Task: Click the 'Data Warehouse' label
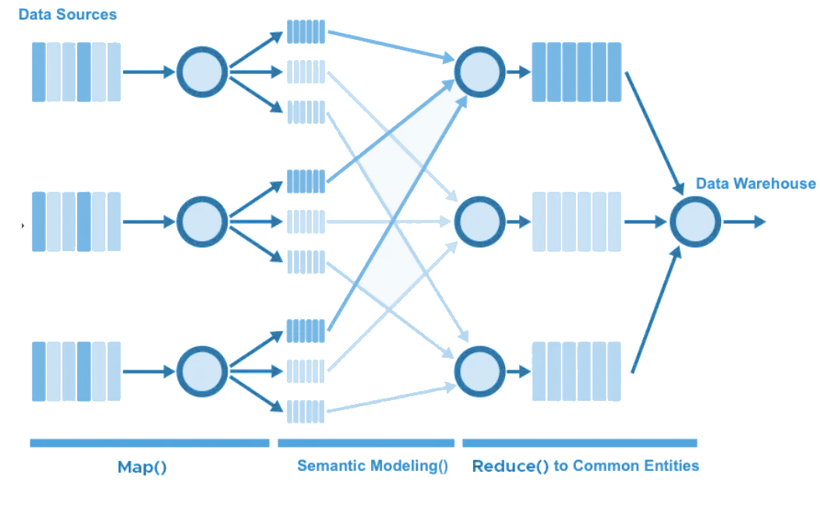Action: pos(755,184)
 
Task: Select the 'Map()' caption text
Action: pos(143,467)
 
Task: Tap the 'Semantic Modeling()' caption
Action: pos(373,466)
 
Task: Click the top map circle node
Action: pos(203,72)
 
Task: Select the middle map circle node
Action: pos(203,221)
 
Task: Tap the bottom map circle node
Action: pos(203,371)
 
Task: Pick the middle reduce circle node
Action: pos(479,221)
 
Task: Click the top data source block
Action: pos(76,72)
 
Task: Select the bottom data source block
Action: pos(76,371)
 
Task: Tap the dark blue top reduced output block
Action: pos(576,72)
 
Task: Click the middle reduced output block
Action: pos(576,221)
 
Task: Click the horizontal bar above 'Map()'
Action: pos(149,443)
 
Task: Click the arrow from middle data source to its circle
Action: pos(148,221)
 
